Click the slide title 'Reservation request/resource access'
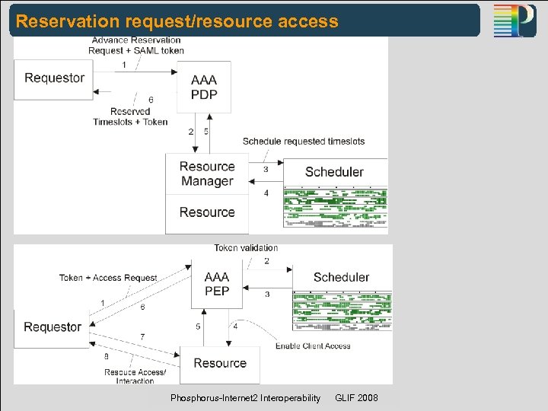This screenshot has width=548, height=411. [x=177, y=21]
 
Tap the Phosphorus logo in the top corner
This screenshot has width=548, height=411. [x=515, y=21]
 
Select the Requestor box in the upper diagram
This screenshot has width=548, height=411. [x=54, y=78]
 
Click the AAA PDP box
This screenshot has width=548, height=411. [x=203, y=88]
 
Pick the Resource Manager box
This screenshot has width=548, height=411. [x=206, y=174]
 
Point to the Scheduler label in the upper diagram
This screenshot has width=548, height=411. [x=334, y=172]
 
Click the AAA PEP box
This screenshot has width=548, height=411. [x=217, y=283]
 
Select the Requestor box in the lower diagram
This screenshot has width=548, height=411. [x=52, y=327]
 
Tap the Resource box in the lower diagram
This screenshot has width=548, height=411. [x=219, y=364]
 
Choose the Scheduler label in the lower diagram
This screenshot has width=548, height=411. [x=341, y=278]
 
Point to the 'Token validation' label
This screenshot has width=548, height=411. [x=246, y=248]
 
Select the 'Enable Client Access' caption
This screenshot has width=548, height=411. [x=313, y=346]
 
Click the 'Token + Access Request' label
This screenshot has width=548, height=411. [x=108, y=278]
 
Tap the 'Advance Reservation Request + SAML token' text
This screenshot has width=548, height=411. [x=136, y=46]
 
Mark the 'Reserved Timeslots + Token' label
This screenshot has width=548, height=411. [x=130, y=116]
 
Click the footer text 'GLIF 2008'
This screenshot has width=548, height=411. [x=355, y=399]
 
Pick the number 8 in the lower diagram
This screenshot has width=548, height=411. [x=106, y=355]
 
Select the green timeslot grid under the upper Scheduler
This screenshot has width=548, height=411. [x=335, y=207]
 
